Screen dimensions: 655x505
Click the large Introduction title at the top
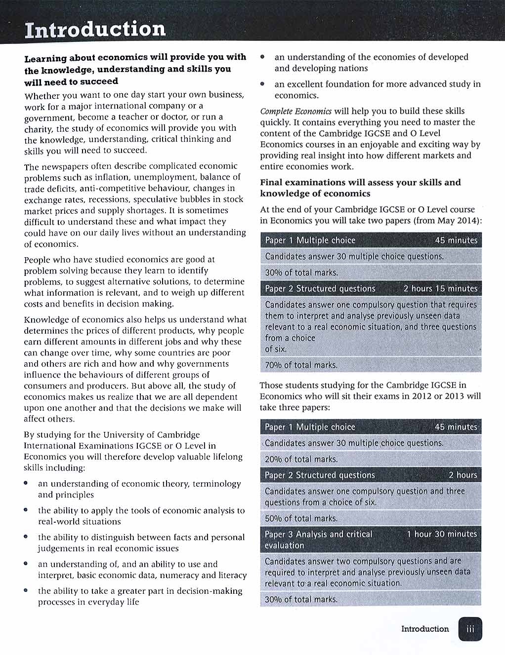click(x=95, y=30)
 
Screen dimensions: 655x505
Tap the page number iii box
click(x=470, y=629)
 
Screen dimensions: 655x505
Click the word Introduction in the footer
click(x=425, y=629)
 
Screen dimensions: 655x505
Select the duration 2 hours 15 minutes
click(x=440, y=289)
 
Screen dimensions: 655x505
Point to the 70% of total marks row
click(x=301, y=365)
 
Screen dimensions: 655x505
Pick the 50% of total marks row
click(x=301, y=518)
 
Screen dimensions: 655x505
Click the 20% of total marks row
click(x=301, y=459)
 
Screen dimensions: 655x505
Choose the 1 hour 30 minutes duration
click(x=442, y=534)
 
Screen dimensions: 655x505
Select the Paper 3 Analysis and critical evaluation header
click(x=318, y=539)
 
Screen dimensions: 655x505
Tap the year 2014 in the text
click(x=468, y=221)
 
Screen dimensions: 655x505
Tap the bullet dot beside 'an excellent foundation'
click(x=263, y=84)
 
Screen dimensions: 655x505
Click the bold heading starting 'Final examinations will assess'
click(x=360, y=188)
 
